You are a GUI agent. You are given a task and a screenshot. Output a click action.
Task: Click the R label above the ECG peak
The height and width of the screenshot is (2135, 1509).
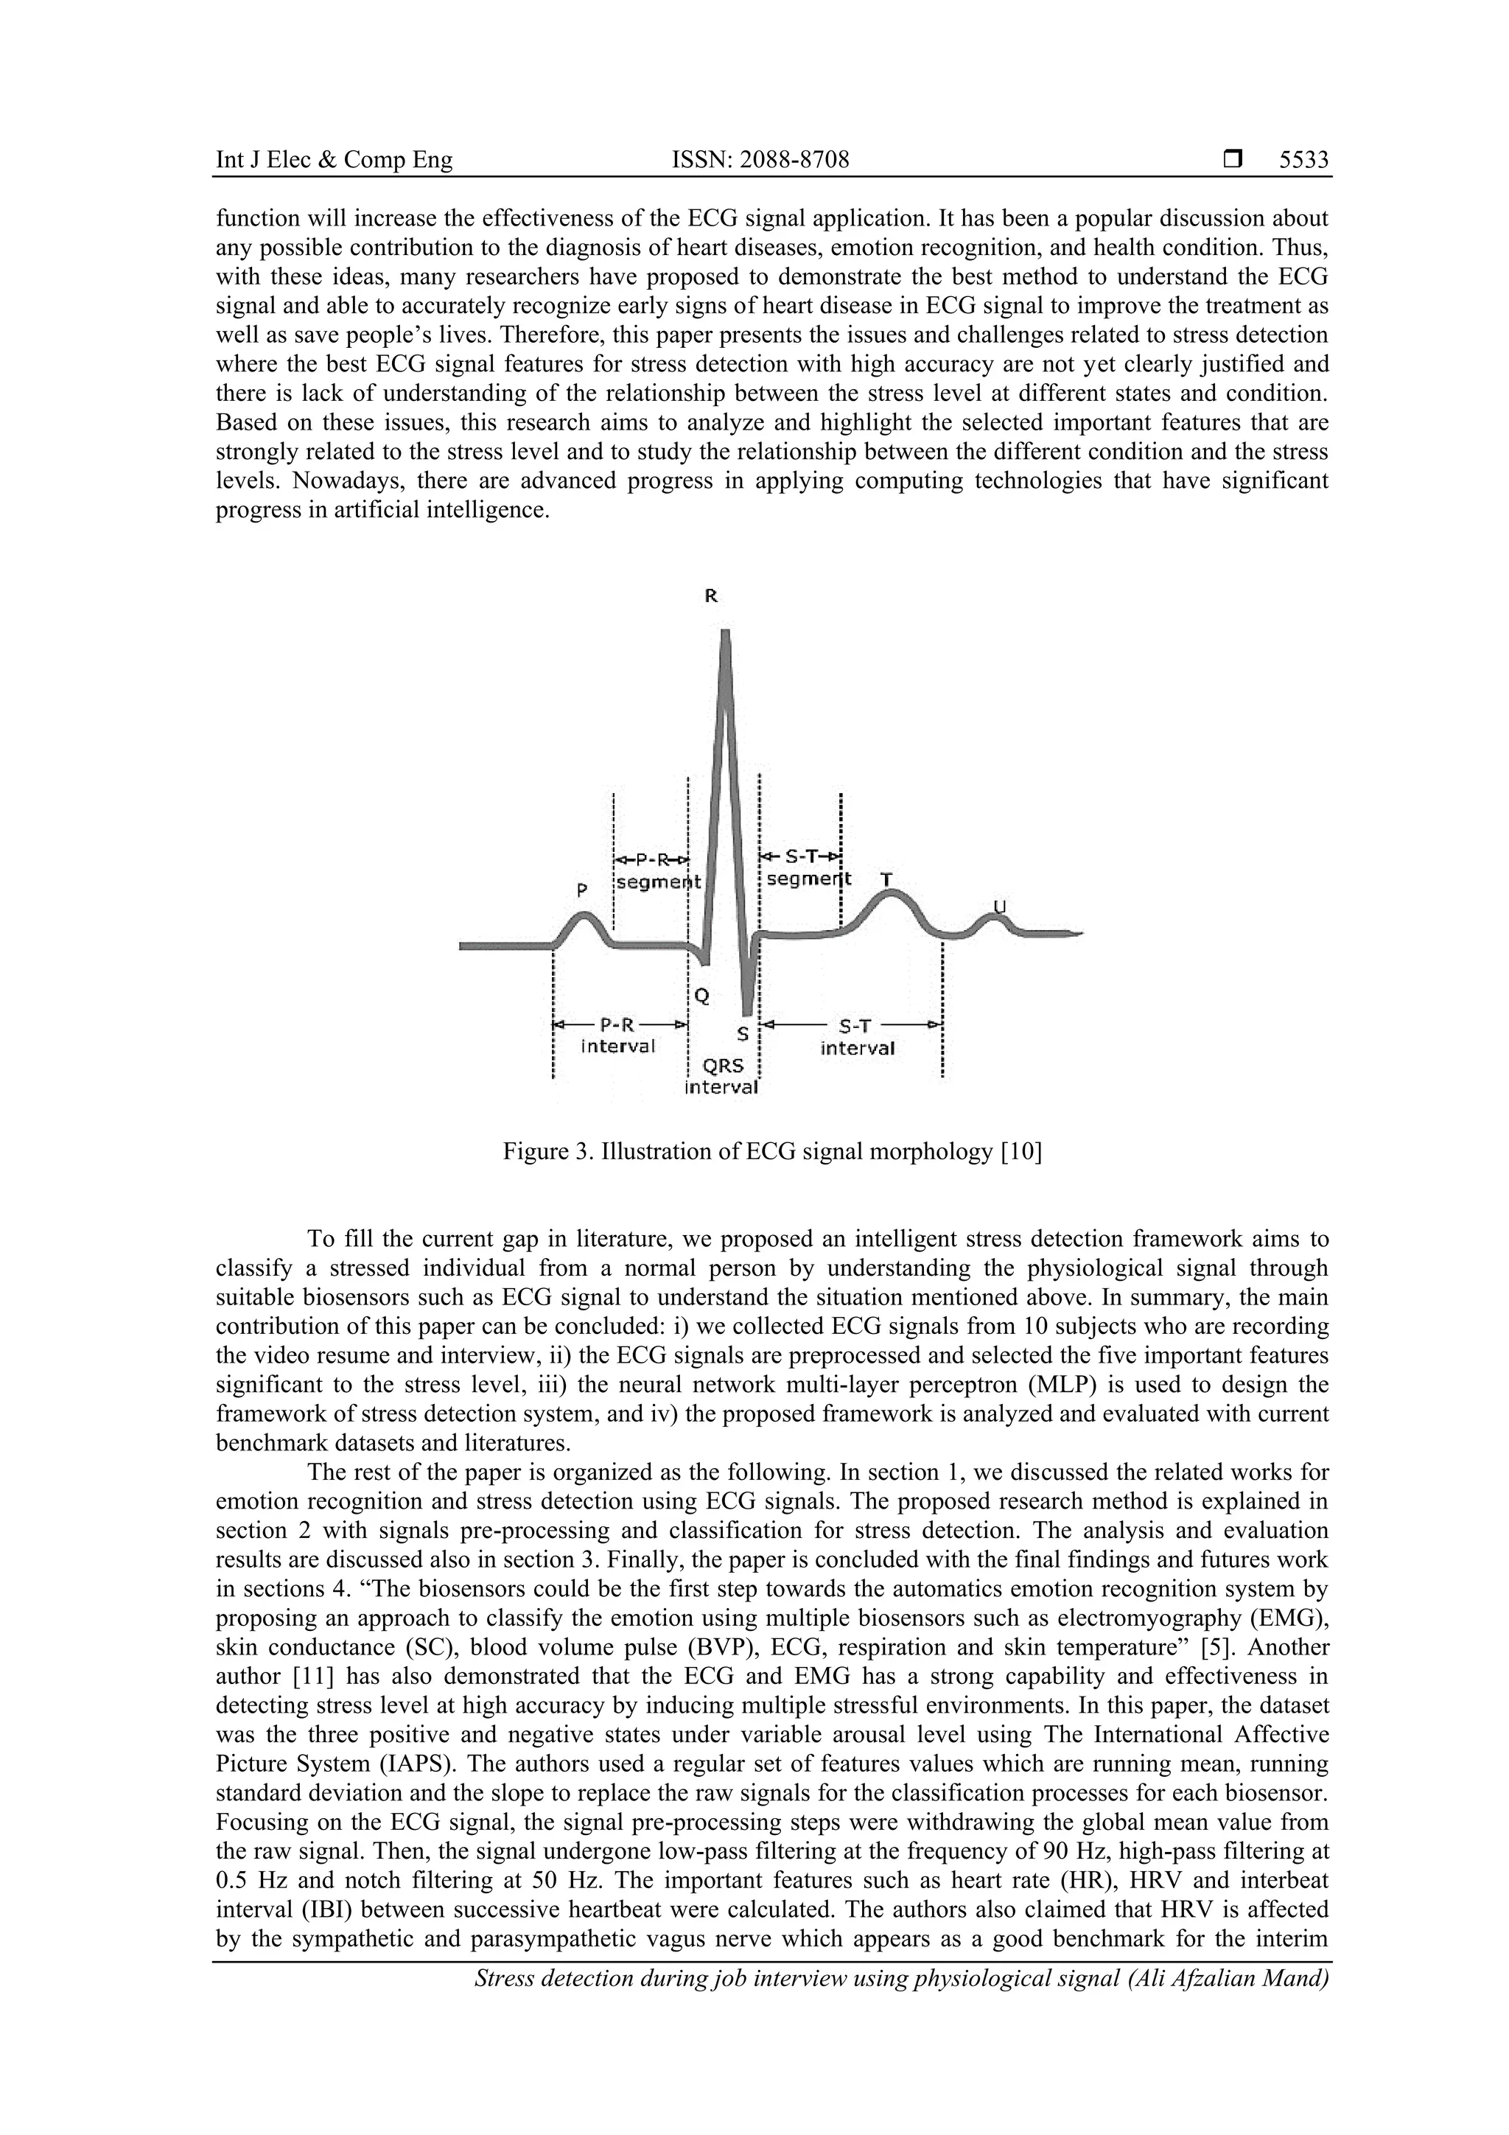pos(710,596)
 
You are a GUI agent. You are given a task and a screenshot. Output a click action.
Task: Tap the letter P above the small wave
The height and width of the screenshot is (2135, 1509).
pos(581,890)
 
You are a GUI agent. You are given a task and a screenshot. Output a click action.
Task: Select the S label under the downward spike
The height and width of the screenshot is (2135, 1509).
pos(742,1033)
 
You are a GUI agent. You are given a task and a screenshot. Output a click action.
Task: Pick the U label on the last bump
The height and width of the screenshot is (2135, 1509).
pos(1000,906)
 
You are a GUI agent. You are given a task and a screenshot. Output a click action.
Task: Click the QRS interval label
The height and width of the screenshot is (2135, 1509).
pos(721,1077)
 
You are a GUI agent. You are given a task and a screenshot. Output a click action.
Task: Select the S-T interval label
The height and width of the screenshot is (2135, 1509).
pos(856,1037)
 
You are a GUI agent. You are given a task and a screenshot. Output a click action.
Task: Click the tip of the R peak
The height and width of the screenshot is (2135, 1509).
pos(725,633)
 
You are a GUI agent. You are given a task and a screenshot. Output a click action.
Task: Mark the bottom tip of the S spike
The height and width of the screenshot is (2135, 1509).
pos(746,1013)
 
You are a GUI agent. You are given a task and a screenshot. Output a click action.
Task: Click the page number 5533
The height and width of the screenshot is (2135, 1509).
pos(1303,160)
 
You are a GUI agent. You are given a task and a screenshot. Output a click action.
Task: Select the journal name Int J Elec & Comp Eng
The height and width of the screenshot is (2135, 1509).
pos(334,160)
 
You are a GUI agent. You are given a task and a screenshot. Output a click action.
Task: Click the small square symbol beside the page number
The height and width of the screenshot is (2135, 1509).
pos(1232,160)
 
